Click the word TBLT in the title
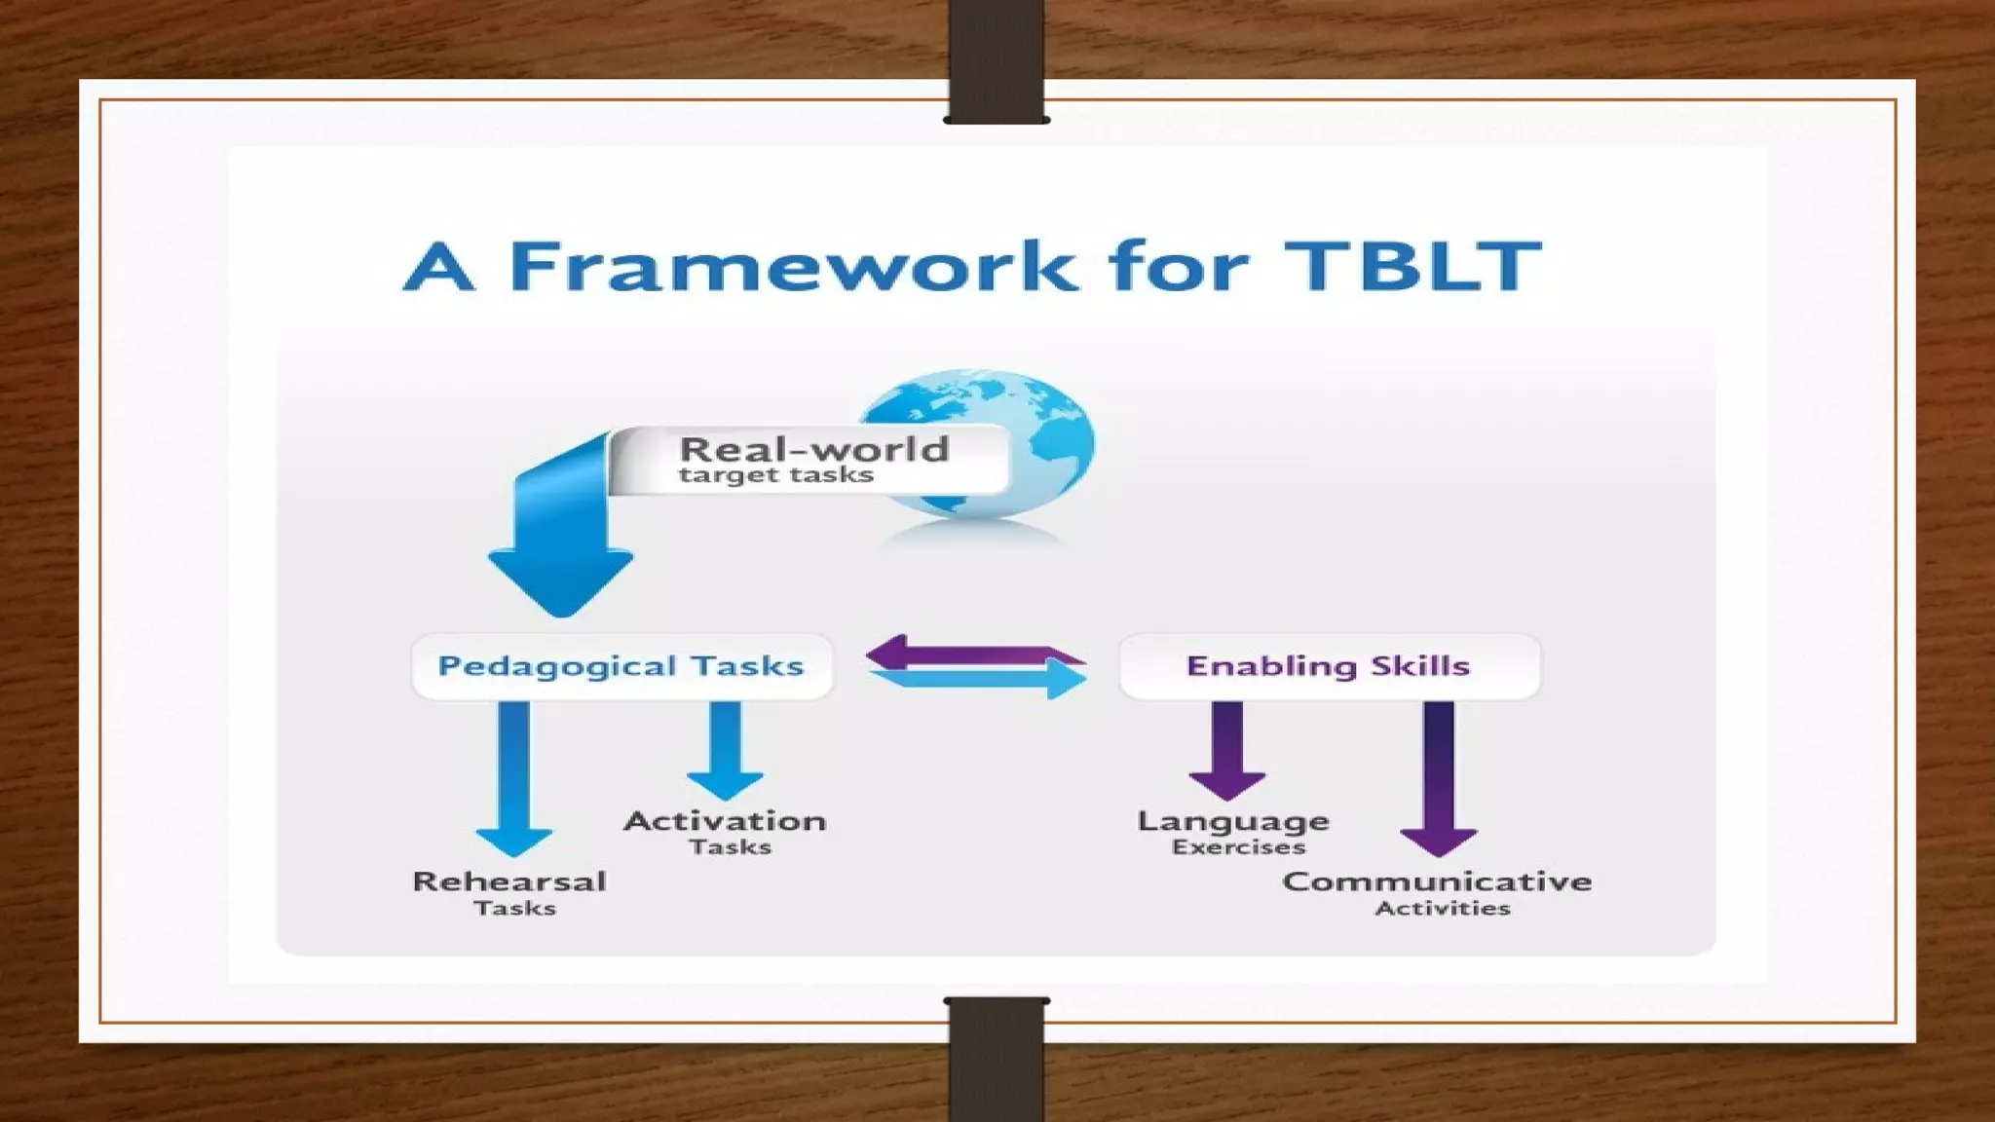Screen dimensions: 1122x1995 point(1412,266)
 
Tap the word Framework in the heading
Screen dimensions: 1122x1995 point(794,266)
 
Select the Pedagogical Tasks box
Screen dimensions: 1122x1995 point(621,666)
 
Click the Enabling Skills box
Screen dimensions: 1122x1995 point(1329,666)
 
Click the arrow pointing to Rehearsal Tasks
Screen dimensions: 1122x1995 point(514,779)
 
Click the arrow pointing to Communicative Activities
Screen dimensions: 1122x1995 point(1439,779)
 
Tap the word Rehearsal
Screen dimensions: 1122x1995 point(509,881)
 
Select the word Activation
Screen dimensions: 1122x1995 point(726,821)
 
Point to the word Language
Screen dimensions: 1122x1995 point(1233,821)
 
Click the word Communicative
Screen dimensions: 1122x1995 point(1437,881)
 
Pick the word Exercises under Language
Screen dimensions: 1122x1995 point(1238,847)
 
